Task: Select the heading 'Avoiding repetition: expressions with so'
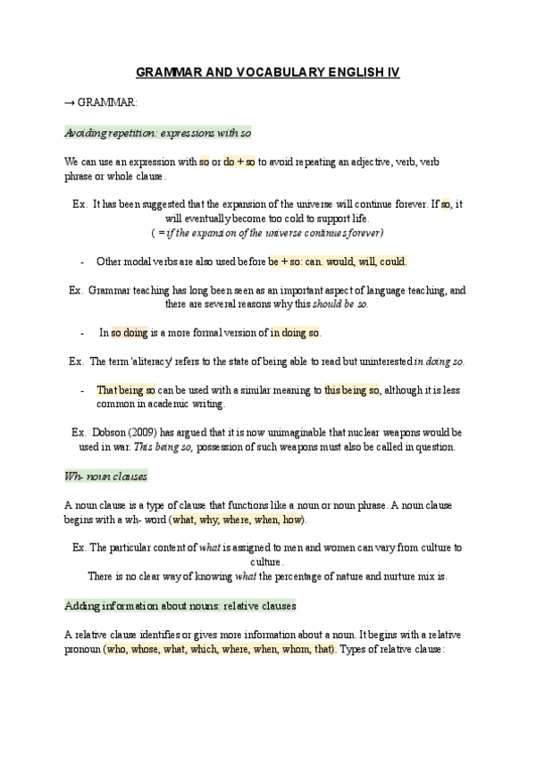[158, 132]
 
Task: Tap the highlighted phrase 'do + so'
[239, 162]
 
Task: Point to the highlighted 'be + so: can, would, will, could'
[338, 262]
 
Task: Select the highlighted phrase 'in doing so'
[295, 333]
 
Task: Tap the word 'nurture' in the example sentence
[370, 576]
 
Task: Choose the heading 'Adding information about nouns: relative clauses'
[180, 605]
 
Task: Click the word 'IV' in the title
[392, 77]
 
